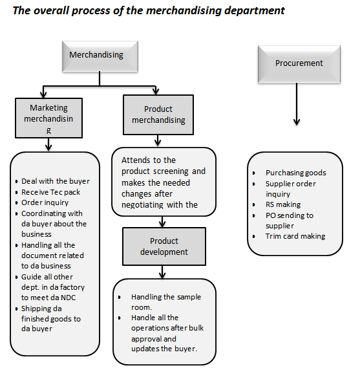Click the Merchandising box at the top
click(97, 56)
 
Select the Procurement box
click(299, 63)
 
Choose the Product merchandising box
click(158, 115)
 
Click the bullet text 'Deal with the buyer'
click(55, 181)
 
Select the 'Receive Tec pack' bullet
click(51, 192)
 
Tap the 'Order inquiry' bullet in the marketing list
click(46, 202)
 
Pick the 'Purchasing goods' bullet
click(295, 173)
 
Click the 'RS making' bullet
click(282, 204)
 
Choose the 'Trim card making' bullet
click(295, 236)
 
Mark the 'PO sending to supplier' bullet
click(289, 220)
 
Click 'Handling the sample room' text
click(165, 302)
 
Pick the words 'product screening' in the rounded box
click(164, 171)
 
